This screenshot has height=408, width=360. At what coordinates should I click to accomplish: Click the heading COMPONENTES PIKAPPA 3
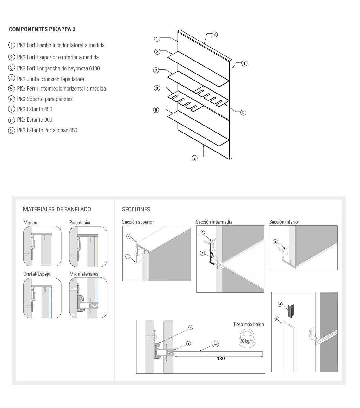pos(42,29)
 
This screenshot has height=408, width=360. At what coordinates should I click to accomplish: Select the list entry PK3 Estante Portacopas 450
pos(47,130)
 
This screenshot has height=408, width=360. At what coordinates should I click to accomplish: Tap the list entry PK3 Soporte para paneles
pos(45,99)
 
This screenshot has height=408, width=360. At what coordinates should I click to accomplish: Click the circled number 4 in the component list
pos(11,78)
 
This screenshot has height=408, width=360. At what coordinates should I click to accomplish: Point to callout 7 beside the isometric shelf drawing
pos(156,70)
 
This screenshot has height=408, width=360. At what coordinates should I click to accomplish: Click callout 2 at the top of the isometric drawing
pos(215,34)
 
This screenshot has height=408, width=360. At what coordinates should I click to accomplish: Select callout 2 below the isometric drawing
pos(194,158)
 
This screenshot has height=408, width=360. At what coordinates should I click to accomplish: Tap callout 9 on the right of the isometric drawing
pos(243,113)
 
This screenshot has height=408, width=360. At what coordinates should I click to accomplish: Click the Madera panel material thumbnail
pos(42,246)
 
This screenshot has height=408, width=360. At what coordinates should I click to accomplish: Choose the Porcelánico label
pos(80,223)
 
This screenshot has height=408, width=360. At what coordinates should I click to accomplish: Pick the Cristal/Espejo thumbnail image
pos(42,298)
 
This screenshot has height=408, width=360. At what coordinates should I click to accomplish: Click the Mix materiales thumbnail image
pos(88,298)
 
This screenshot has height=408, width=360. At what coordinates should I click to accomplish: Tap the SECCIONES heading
pos(136,209)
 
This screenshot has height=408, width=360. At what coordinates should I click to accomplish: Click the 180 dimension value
pos(221,359)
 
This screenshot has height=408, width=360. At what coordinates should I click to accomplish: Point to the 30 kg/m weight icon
pos(247,339)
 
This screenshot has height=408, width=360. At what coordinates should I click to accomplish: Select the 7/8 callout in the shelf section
pos(216,344)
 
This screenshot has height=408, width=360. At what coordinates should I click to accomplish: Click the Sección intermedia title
pos(214,222)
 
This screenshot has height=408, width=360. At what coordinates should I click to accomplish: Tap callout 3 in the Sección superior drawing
pos(128,256)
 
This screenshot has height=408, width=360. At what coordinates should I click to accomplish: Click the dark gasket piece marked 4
pos(291,311)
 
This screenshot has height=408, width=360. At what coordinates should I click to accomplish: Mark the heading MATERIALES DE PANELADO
pos(57,209)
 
